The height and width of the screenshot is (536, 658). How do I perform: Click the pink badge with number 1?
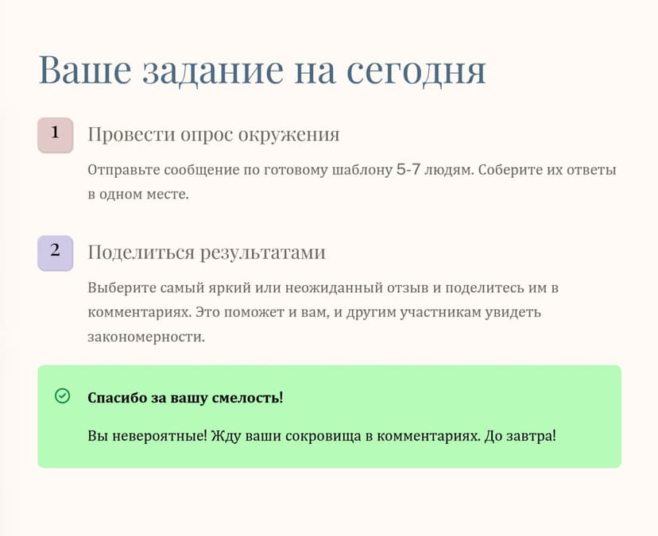[55, 134]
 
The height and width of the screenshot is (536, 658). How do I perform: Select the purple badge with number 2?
[55, 253]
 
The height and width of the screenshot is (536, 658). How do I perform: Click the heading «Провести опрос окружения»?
[213, 135]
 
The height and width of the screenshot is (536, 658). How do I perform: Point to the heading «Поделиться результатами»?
[207, 253]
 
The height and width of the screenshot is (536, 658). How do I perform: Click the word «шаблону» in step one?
[362, 170]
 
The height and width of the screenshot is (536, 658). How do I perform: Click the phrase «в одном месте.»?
[138, 194]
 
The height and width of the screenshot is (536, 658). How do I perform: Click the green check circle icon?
[62, 395]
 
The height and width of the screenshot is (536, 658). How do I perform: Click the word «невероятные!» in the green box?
[158, 437]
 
